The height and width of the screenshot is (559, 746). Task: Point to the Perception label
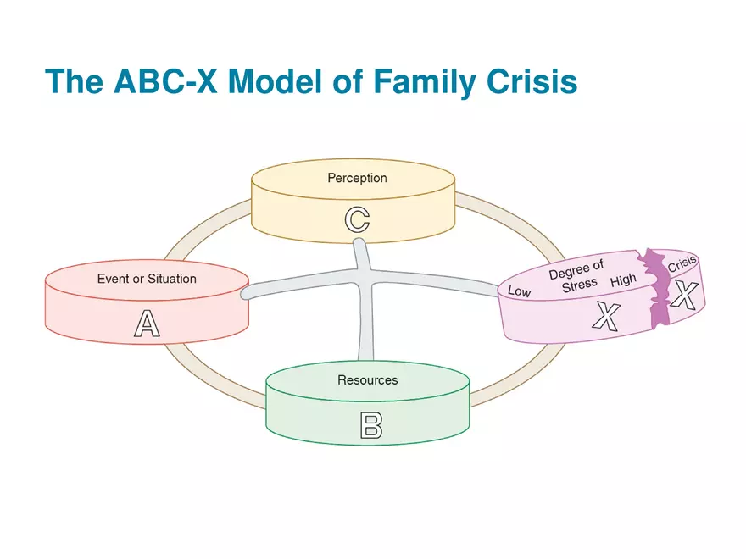click(357, 178)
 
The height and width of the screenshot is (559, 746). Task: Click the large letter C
click(357, 219)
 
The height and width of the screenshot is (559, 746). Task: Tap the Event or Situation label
click(147, 278)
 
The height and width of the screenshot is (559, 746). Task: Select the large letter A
click(147, 324)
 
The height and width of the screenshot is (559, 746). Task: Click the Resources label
click(367, 379)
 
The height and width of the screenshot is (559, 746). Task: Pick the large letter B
click(371, 426)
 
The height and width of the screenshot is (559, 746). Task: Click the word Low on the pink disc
click(519, 291)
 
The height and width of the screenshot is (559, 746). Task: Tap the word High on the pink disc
click(623, 280)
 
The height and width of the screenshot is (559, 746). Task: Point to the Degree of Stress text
click(577, 277)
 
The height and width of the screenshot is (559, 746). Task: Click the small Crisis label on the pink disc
click(682, 261)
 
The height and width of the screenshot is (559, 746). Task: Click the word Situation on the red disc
click(172, 278)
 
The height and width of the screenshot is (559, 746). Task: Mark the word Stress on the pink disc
click(579, 285)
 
